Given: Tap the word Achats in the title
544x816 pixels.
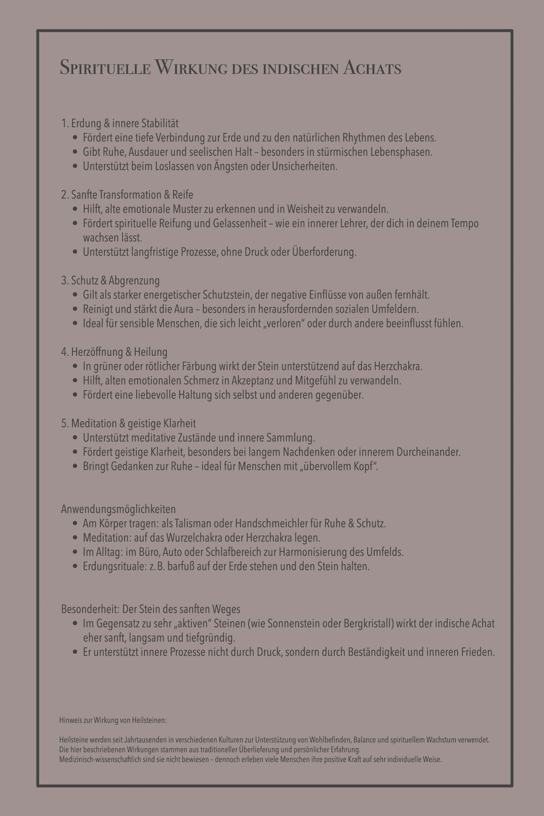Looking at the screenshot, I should pos(372,68).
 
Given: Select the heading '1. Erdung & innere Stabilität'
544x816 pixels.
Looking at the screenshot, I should pos(120,124).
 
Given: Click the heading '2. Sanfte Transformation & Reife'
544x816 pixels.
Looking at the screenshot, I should pos(127,195).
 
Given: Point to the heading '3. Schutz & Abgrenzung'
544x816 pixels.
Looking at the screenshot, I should pos(110,281).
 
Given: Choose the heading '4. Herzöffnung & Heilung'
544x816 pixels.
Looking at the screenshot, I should pos(114,352).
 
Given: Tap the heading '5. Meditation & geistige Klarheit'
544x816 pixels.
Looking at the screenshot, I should pos(128,424).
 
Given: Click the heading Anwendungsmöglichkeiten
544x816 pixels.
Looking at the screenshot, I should pos(118,509).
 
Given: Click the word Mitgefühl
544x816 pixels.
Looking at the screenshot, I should pos(315,381).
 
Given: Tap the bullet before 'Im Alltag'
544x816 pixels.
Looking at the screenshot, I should pos(75,552).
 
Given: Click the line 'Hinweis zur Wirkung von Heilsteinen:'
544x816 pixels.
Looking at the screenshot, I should pos(113,720).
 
